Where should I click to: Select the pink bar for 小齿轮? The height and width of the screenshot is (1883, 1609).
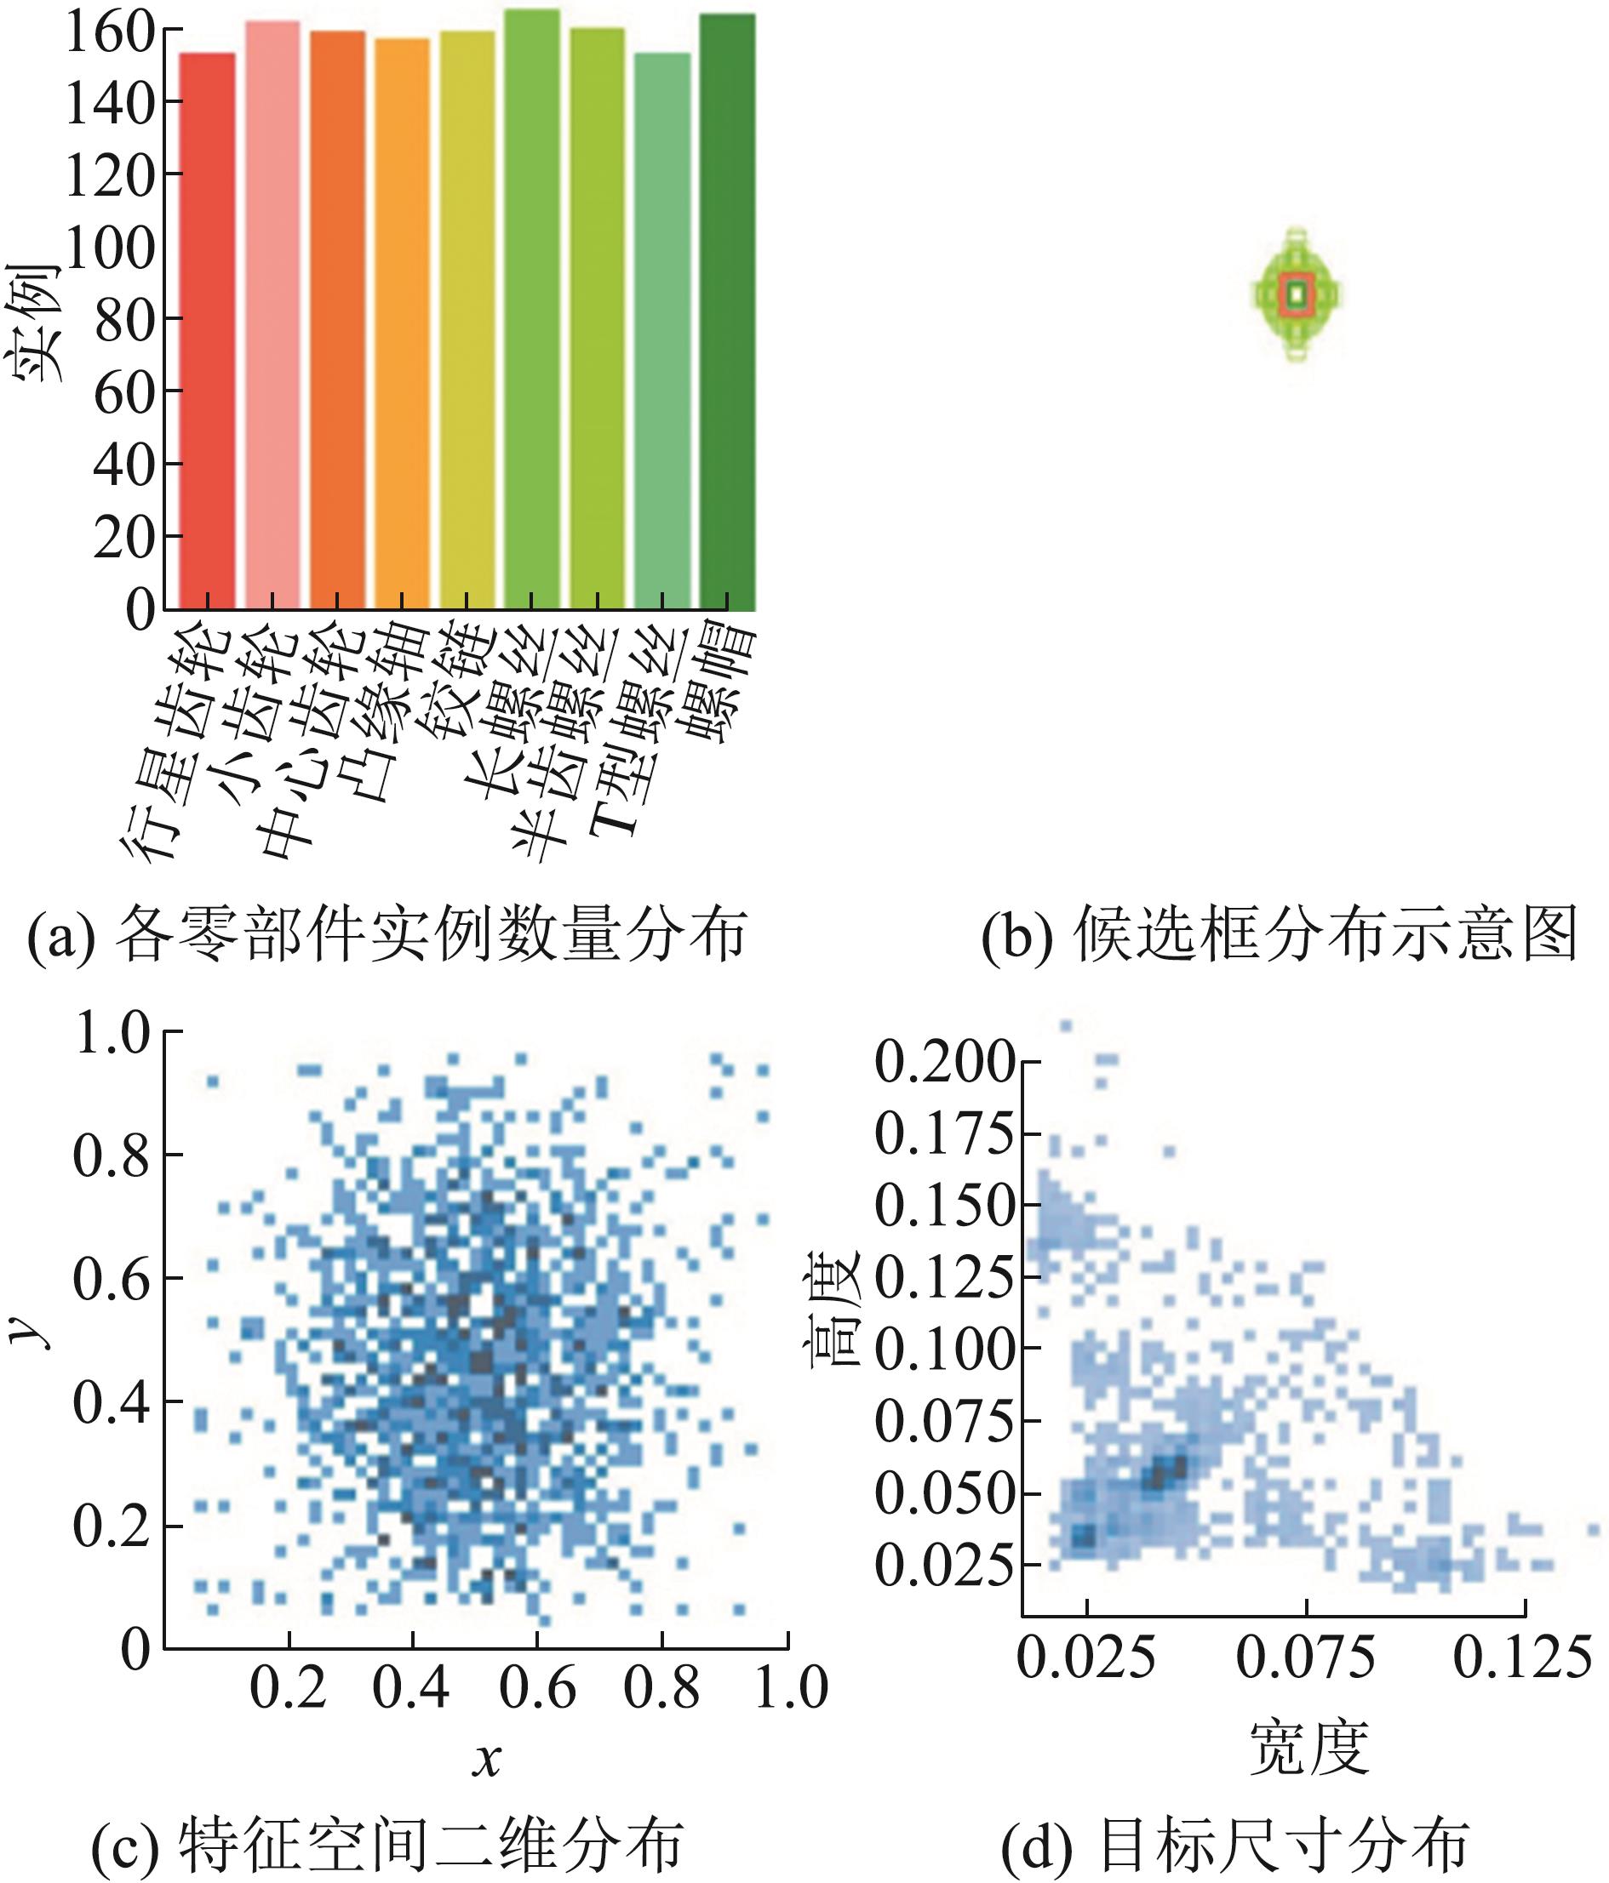[x=272, y=313]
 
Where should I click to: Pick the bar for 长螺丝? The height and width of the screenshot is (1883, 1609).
[x=532, y=309]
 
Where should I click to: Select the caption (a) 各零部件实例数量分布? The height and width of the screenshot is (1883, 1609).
[x=387, y=933]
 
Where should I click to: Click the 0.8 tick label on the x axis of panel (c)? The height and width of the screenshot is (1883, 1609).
[x=661, y=1688]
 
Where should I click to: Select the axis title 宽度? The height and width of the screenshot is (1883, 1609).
[x=1308, y=1747]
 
